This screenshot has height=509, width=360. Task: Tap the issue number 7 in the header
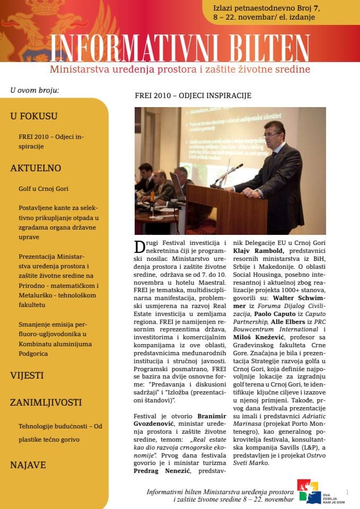(x=317, y=9)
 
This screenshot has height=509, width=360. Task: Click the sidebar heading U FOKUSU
(x=34, y=116)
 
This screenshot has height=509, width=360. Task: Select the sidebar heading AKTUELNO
(x=36, y=169)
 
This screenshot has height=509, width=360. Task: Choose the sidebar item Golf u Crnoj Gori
(x=43, y=188)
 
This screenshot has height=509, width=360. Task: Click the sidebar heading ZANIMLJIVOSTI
(x=46, y=402)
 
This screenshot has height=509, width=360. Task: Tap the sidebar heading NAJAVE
(x=28, y=465)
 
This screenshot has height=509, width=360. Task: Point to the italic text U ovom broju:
(x=34, y=90)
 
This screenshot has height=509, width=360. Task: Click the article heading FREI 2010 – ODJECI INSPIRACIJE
(x=193, y=95)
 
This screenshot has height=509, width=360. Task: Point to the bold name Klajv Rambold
(x=262, y=250)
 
